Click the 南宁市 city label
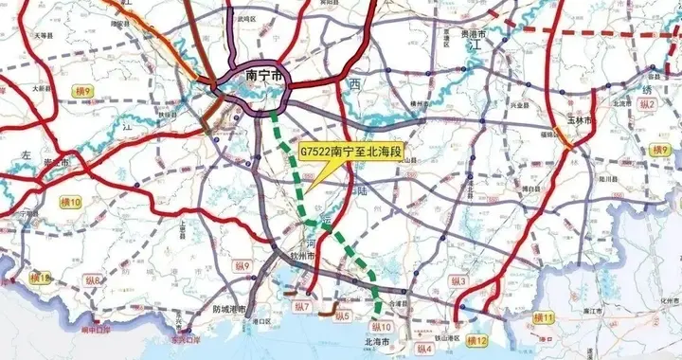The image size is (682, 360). click(x=265, y=75)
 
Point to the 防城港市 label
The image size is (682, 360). click(x=229, y=309)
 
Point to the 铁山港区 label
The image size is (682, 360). click(x=443, y=336)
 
